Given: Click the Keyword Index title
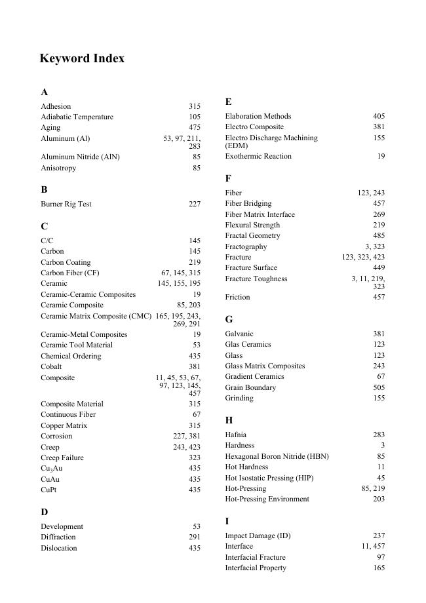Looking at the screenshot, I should click(x=82, y=58).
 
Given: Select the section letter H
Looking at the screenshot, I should click(x=229, y=420).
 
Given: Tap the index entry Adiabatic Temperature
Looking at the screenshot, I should click(x=77, y=117).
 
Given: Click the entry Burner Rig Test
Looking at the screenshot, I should click(x=66, y=204).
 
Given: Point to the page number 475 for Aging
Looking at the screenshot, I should click(x=195, y=127).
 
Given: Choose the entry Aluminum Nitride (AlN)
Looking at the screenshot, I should click(x=80, y=157).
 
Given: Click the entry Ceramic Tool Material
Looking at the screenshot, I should click(x=77, y=345).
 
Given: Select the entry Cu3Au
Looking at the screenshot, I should click(x=52, y=469).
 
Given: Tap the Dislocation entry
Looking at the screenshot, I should click(x=59, y=548).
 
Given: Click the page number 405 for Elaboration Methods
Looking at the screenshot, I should click(x=379, y=116).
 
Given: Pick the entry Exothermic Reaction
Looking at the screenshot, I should click(x=258, y=156).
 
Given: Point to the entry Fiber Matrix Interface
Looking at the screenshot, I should click(x=260, y=214).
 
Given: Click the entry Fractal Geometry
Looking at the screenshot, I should click(x=252, y=235).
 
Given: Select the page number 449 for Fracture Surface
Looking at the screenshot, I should click(x=379, y=267).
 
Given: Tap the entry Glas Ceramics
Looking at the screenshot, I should click(x=248, y=344).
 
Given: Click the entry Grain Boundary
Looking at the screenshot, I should click(x=250, y=387).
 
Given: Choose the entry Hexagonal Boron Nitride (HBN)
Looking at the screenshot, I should click(x=277, y=456).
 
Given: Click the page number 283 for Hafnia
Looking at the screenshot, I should click(x=379, y=435).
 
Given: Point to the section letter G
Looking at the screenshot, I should click(x=229, y=319).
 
